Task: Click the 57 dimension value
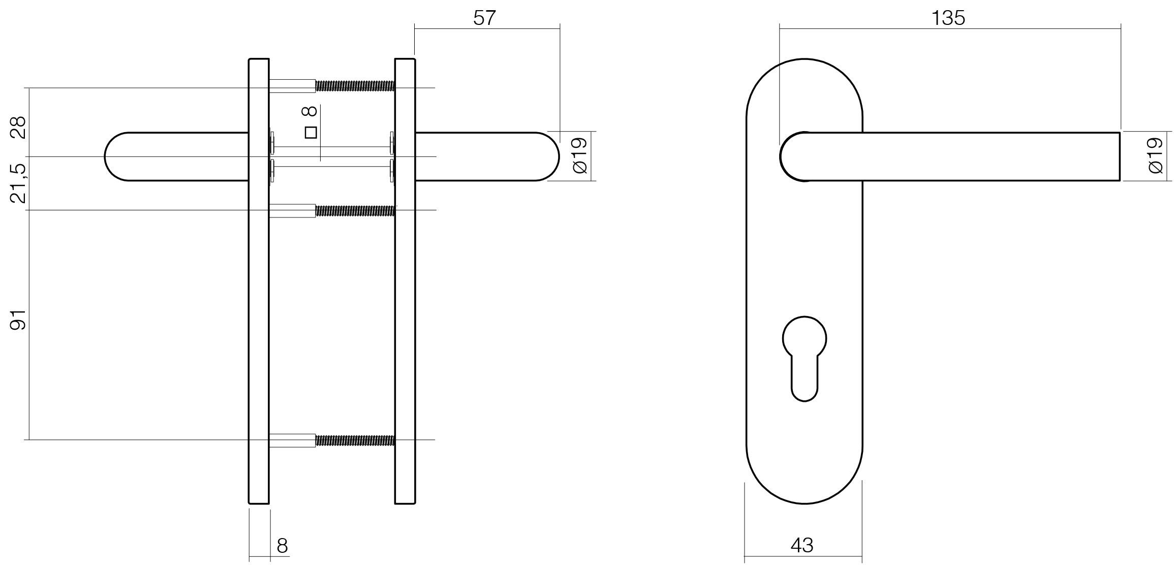click(484, 18)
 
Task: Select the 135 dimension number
click(948, 18)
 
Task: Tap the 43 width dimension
click(802, 545)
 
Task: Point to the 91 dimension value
click(18, 319)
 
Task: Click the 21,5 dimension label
click(18, 183)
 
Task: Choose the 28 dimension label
click(18, 128)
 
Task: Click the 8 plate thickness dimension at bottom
click(282, 546)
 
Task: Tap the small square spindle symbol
click(311, 133)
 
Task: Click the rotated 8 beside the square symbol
click(310, 111)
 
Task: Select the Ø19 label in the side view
click(579, 155)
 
